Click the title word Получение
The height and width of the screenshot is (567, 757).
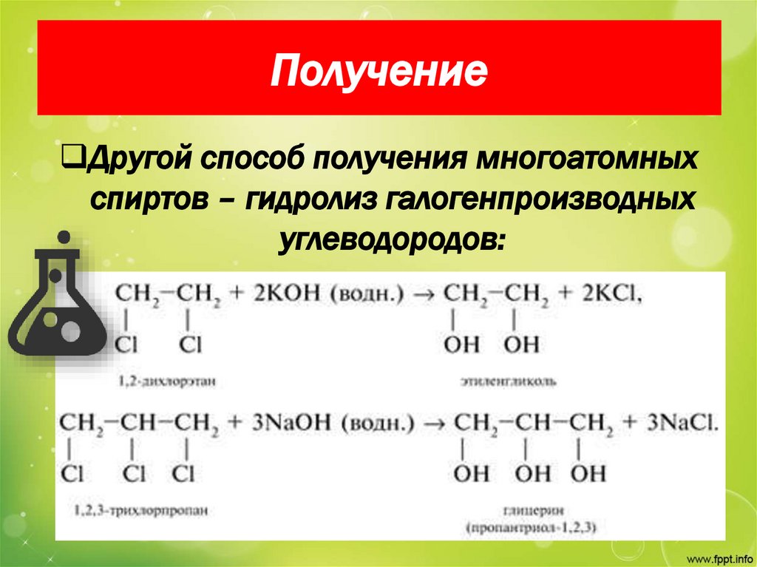click(378, 72)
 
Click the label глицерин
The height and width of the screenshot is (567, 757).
click(531, 509)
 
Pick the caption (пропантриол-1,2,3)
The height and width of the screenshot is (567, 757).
click(531, 527)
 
